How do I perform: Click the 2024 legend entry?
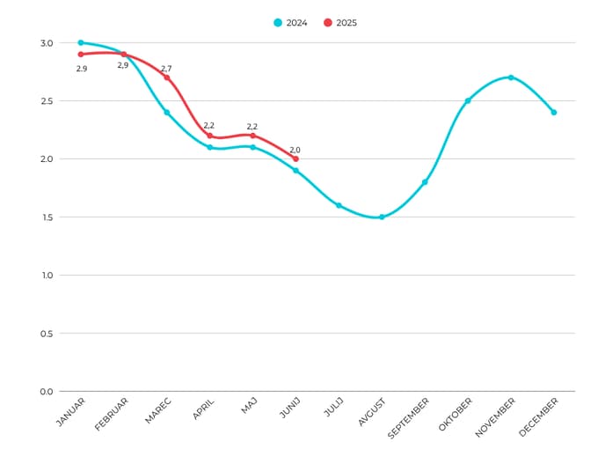291,23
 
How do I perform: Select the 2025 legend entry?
340,23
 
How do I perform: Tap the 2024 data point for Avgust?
382,217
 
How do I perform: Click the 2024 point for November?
511,77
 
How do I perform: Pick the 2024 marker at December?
554,112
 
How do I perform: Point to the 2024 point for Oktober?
468,100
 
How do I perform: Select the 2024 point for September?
425,182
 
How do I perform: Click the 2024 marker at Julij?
339,205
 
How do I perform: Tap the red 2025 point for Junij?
295,158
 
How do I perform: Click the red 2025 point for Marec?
166,77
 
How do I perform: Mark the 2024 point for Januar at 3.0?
80,42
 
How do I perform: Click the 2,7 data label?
166,69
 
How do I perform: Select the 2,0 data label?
295,150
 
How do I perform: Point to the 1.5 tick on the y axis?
46,217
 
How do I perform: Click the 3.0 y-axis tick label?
46,43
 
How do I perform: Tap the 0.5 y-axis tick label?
46,334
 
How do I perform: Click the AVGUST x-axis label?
371,412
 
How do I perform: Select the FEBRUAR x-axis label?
112,414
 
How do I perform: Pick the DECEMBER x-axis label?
539,416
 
